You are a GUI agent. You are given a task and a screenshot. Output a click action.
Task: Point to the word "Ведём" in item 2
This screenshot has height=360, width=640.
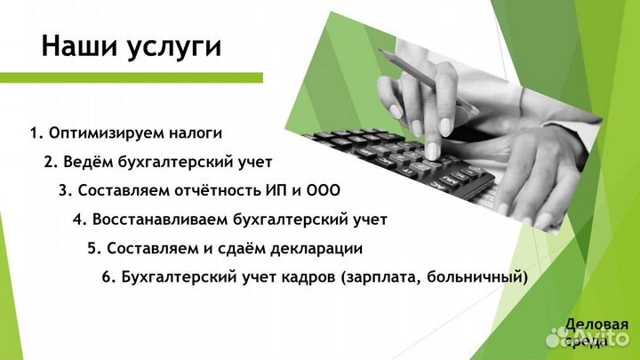[87, 162]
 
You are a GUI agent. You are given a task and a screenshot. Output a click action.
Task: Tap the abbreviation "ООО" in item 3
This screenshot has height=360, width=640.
[324, 190]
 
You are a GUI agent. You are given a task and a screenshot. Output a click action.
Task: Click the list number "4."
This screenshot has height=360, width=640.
[79, 219]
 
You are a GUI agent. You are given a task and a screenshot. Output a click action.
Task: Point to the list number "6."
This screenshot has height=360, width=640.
[108, 276]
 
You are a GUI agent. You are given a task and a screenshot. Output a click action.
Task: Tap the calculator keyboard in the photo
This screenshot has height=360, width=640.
[400, 160]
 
